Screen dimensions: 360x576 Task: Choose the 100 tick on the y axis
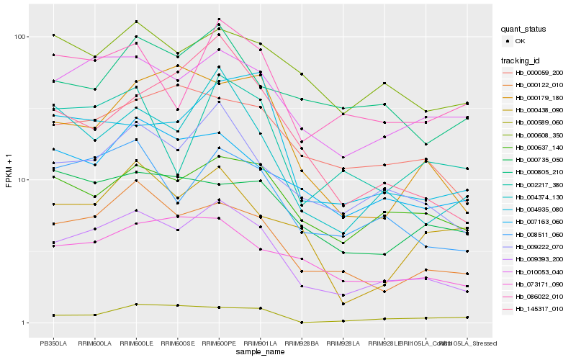click(20, 37)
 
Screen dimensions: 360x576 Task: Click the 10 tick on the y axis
click(22, 179)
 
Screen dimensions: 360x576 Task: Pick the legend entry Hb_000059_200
click(539, 73)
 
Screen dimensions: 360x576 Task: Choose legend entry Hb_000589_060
click(539, 122)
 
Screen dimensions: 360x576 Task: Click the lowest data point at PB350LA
click(53, 315)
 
